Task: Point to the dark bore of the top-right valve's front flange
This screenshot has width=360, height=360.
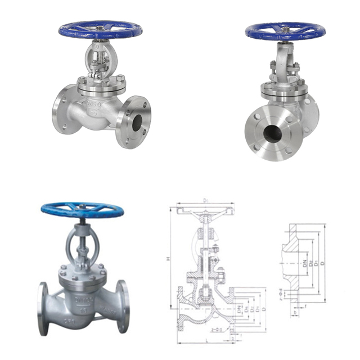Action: (x=273, y=133)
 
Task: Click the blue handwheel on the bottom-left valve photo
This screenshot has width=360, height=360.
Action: (x=82, y=210)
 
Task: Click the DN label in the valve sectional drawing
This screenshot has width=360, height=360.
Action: (x=240, y=309)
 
